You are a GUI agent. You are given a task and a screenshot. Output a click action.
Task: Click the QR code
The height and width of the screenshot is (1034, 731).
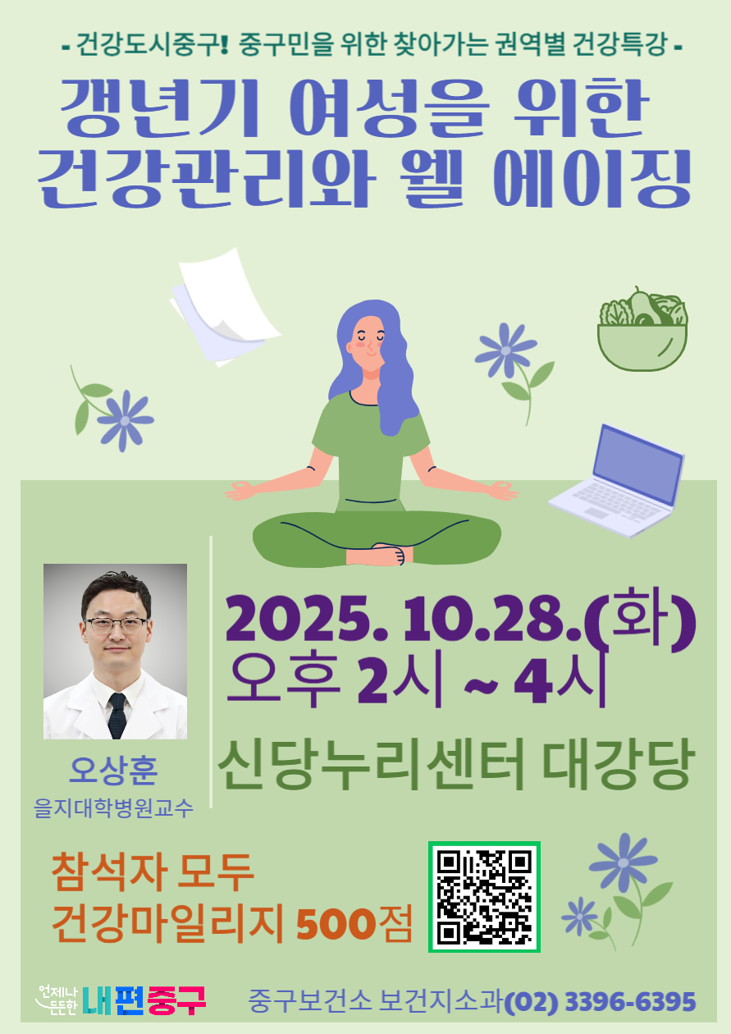click(x=484, y=896)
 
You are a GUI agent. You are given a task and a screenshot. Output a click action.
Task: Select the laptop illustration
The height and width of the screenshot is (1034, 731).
click(x=617, y=481)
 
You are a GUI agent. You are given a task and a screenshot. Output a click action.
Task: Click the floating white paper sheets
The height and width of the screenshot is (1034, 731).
click(x=225, y=307)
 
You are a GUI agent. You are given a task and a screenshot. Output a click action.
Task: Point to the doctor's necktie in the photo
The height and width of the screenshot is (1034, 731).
click(x=117, y=715)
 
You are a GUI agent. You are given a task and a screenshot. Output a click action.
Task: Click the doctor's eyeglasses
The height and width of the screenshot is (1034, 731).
click(x=117, y=625)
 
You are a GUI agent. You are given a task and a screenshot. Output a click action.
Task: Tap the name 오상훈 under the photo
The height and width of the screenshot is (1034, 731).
click(x=113, y=771)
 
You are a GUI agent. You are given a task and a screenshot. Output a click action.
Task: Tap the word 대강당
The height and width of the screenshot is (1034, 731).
click(x=618, y=764)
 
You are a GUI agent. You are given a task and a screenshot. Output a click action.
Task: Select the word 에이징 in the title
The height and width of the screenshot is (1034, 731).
click(x=592, y=178)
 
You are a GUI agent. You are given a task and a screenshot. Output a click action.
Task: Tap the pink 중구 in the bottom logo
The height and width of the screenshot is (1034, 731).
click(x=176, y=1000)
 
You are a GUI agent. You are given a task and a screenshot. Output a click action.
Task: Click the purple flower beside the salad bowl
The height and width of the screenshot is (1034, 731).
click(x=505, y=350)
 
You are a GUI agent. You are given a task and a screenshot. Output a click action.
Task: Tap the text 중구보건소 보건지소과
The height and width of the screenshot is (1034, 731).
click(x=375, y=1002)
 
